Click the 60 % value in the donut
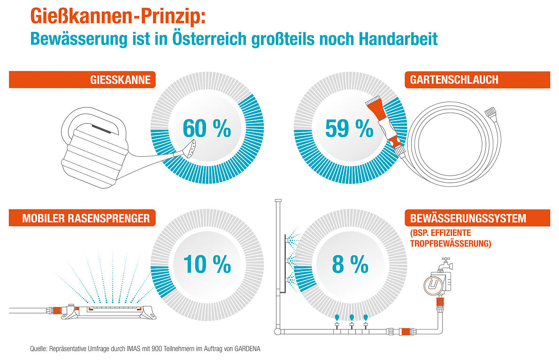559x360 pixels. click(x=207, y=129)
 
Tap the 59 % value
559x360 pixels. click(x=349, y=129)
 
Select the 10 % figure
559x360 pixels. click(x=207, y=264)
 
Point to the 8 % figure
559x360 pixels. click(x=350, y=264)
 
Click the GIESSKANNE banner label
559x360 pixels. click(x=121, y=80)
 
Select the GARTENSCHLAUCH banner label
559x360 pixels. click(x=454, y=80)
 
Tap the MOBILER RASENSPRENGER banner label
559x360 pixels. click(x=86, y=218)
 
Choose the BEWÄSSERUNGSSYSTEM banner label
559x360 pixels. click(x=468, y=218)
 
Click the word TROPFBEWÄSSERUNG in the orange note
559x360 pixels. click(x=450, y=244)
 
